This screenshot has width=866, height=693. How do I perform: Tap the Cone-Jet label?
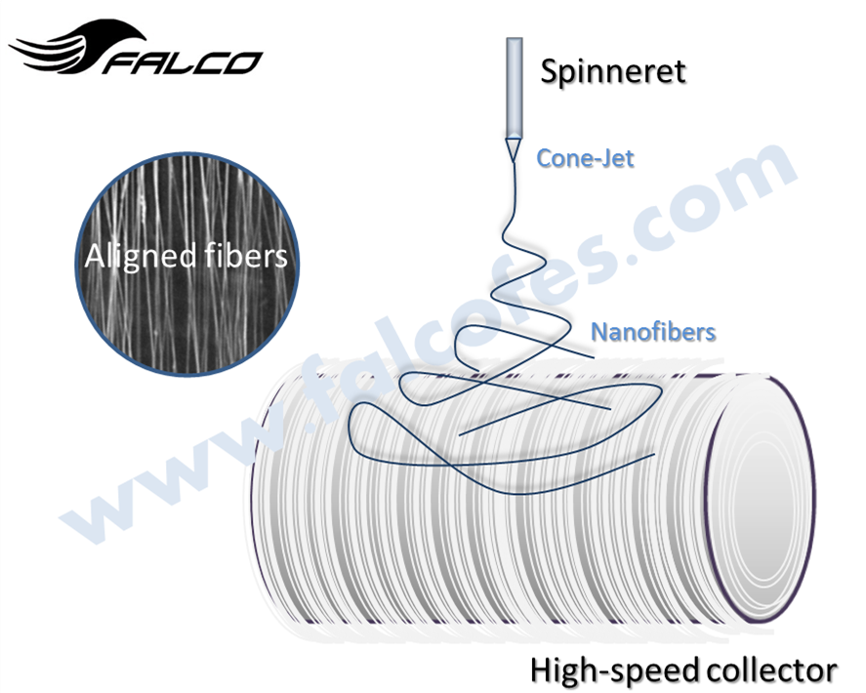[x=585, y=157]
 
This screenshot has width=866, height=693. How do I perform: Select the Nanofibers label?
[x=652, y=332]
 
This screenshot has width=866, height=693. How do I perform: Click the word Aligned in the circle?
[x=128, y=257]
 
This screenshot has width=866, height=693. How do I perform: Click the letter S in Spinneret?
[x=550, y=71]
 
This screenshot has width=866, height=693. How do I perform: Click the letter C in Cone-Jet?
[x=545, y=157]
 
